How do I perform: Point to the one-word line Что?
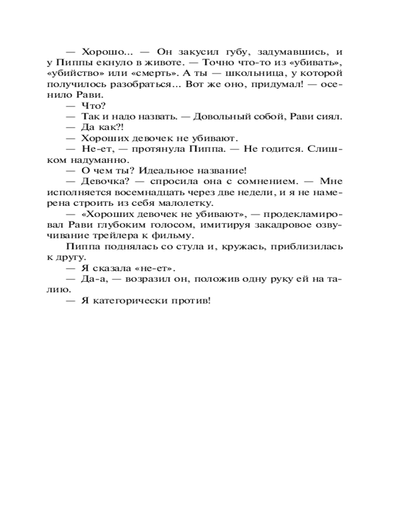click(93, 105)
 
